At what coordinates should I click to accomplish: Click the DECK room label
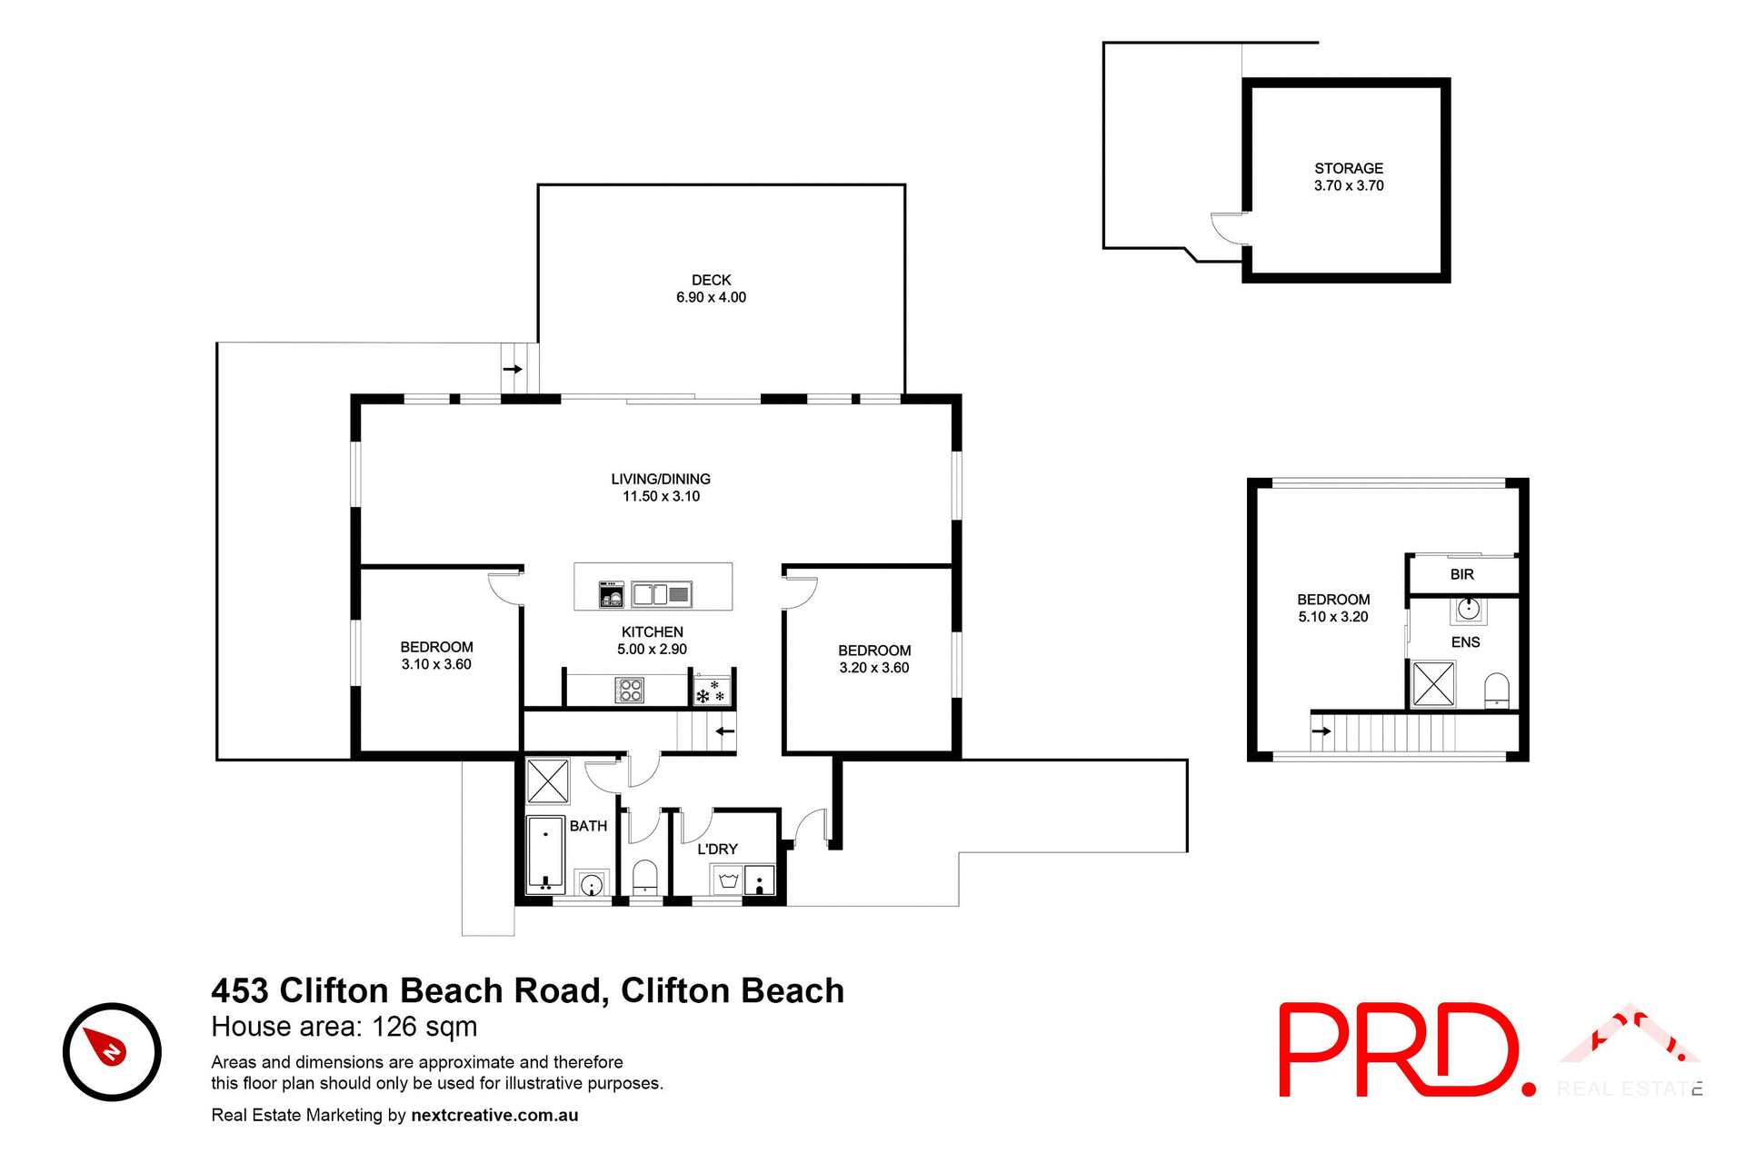711,280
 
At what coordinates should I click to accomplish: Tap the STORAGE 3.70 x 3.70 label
1349,177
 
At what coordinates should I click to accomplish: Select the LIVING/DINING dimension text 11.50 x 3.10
661,496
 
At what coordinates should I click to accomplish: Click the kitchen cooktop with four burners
630,691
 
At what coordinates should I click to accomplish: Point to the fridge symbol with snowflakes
711,691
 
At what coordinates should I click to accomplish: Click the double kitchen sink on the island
662,595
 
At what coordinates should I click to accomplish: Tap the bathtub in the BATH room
546,854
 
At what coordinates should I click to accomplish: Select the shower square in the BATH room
548,780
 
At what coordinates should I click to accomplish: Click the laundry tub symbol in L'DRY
728,880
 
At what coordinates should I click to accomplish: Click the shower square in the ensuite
1433,683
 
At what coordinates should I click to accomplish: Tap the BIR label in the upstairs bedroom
1461,574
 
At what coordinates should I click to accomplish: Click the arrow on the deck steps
513,369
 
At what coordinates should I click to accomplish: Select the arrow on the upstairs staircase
1321,731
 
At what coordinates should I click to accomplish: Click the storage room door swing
1229,228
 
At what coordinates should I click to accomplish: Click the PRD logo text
1400,1050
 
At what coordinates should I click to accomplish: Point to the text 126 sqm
424,1027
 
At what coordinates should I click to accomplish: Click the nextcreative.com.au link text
494,1115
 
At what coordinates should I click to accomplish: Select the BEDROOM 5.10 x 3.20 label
1332,608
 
